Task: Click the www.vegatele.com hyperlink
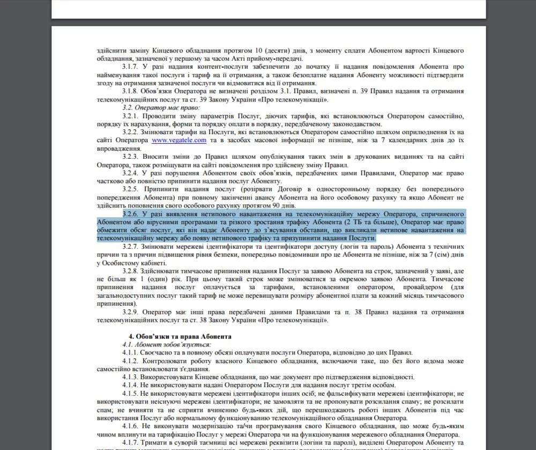(179, 140)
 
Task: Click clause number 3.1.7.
(131, 66)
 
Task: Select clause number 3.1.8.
(131, 91)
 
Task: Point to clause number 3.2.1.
(131, 116)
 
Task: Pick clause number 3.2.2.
(131, 132)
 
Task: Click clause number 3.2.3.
(131, 157)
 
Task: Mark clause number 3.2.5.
(131, 189)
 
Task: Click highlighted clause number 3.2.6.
(131, 214)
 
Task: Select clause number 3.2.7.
(131, 246)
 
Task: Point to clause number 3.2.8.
(131, 271)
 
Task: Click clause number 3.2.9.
(131, 312)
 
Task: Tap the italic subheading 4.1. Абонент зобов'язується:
(167, 344)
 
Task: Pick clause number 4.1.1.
(131, 352)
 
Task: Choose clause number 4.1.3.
(131, 377)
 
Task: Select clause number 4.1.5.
(131, 394)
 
